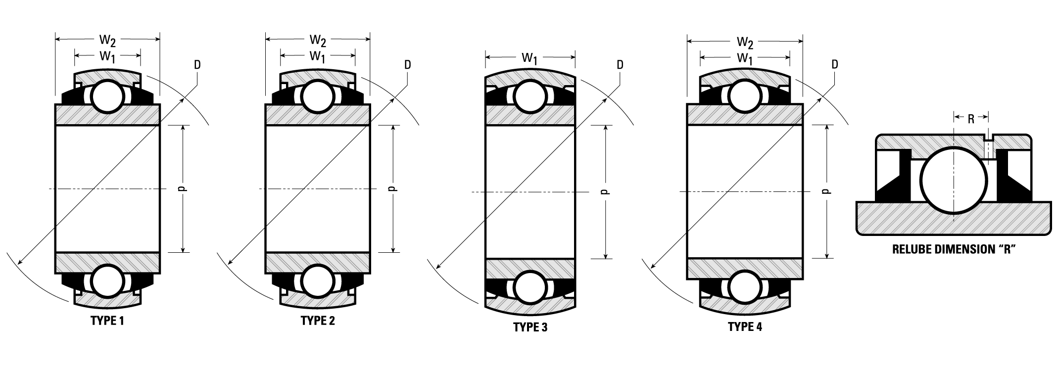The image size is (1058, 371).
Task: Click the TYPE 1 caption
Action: [107, 321]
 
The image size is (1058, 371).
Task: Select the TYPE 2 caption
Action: [318, 321]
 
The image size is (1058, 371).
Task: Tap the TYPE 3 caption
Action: [530, 327]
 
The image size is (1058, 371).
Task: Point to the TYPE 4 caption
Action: [745, 326]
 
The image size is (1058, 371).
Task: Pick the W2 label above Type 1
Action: [107, 40]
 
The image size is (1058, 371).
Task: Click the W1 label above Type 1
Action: [107, 56]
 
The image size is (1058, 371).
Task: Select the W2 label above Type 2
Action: [318, 40]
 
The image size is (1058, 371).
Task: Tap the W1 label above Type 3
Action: [530, 58]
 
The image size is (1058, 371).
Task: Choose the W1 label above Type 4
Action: [745, 58]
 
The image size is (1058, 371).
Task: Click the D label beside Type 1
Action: [197, 65]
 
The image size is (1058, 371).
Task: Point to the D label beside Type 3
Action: [620, 65]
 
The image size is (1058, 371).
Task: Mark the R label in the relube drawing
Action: [971, 118]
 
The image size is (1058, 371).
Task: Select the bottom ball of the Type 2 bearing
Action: [317, 280]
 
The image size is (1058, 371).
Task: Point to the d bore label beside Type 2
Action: [393, 188]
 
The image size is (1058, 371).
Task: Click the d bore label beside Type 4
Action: [826, 191]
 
